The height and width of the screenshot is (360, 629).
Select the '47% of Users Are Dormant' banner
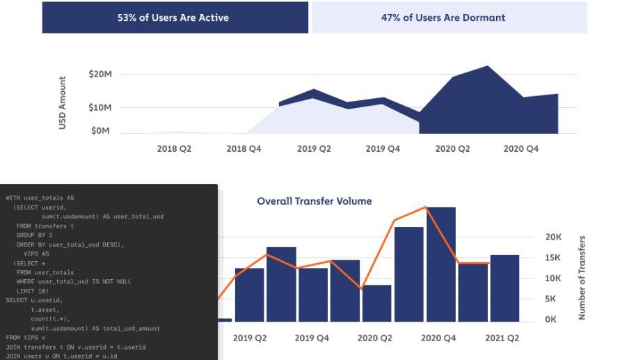pyautogui.click(x=443, y=17)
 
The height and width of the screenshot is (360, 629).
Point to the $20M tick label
pyautogui.click(x=100, y=74)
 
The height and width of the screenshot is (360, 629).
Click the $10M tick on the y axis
pyautogui.click(x=100, y=107)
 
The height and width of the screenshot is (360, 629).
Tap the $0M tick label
pyautogui.click(x=102, y=131)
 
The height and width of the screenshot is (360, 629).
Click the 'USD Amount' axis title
pyautogui.click(x=63, y=102)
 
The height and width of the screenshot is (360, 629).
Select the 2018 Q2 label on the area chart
pyautogui.click(x=174, y=148)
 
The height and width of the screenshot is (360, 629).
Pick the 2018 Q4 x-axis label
pyautogui.click(x=244, y=148)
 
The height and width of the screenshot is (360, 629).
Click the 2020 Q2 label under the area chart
pyautogui.click(x=452, y=148)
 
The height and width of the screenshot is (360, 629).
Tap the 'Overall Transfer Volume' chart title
pyautogui.click(x=314, y=201)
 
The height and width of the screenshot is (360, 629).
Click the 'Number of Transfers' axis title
pyautogui.click(x=582, y=278)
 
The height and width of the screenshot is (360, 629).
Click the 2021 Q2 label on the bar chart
pyautogui.click(x=502, y=338)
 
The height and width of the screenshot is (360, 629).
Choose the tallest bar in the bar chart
pyautogui.click(x=440, y=264)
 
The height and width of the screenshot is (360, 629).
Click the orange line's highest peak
pyautogui.click(x=424, y=207)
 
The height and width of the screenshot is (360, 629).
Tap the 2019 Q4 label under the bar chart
pyautogui.click(x=312, y=338)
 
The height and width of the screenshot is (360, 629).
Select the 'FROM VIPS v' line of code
pyautogui.click(x=25, y=337)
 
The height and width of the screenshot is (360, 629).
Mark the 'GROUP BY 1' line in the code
pyautogui.click(x=35, y=235)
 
